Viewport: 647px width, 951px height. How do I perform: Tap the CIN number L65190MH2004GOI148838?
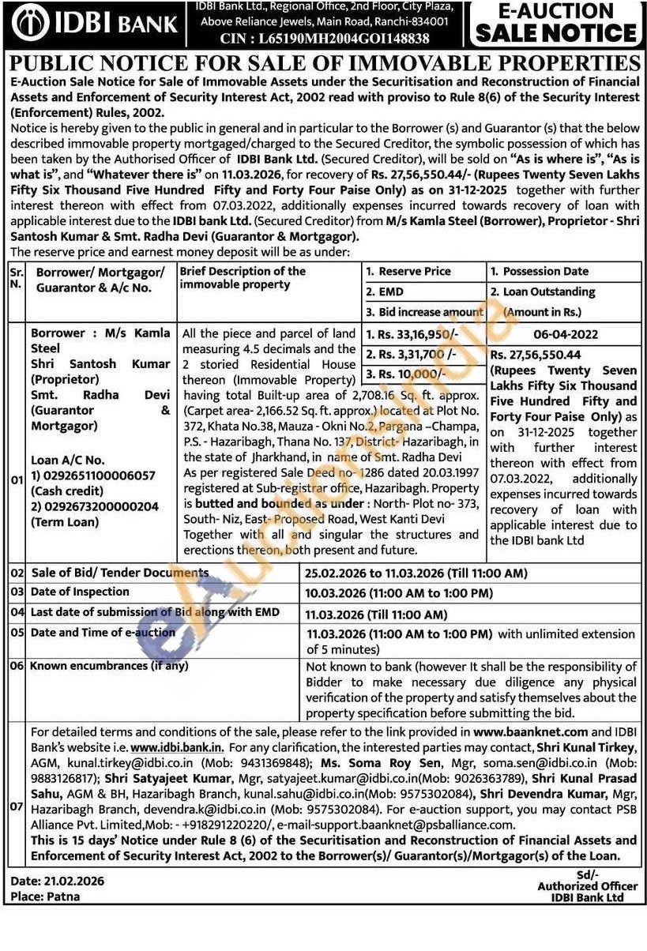click(346, 38)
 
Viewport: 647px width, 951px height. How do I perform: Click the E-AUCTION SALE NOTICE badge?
click(555, 23)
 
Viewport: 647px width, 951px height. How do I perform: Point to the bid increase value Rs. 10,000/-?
click(408, 373)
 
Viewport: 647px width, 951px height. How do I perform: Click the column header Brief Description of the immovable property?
click(242, 277)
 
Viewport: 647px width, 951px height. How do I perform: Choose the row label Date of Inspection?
click(79, 592)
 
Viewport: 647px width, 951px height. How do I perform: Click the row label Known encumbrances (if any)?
click(109, 666)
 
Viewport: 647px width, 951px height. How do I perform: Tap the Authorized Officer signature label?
click(587, 886)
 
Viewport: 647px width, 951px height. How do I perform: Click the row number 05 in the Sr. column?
click(17, 633)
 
